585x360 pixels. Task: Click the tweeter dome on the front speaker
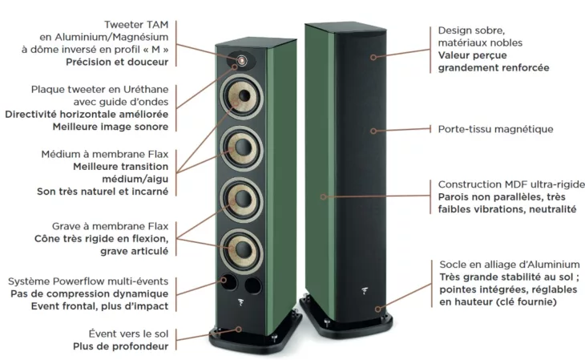[242, 60]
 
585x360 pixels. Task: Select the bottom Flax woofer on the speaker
[241, 248]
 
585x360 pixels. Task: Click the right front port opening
[253, 285]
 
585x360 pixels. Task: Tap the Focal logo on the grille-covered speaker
[365, 289]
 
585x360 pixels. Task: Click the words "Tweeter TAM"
[136, 25]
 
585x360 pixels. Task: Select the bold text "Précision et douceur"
[117, 62]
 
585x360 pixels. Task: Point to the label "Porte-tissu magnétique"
[495, 130]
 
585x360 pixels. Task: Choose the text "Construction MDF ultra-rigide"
[511, 184]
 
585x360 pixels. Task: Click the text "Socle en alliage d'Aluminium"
[510, 265]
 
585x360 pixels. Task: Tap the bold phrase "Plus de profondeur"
[120, 346]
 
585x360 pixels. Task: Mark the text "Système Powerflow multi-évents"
[88, 281]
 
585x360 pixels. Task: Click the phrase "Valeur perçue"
[472, 55]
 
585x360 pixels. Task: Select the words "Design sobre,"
[471, 30]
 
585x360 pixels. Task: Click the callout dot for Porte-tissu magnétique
[373, 131]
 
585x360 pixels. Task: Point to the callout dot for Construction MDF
[324, 196]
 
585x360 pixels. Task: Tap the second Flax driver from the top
[241, 148]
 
